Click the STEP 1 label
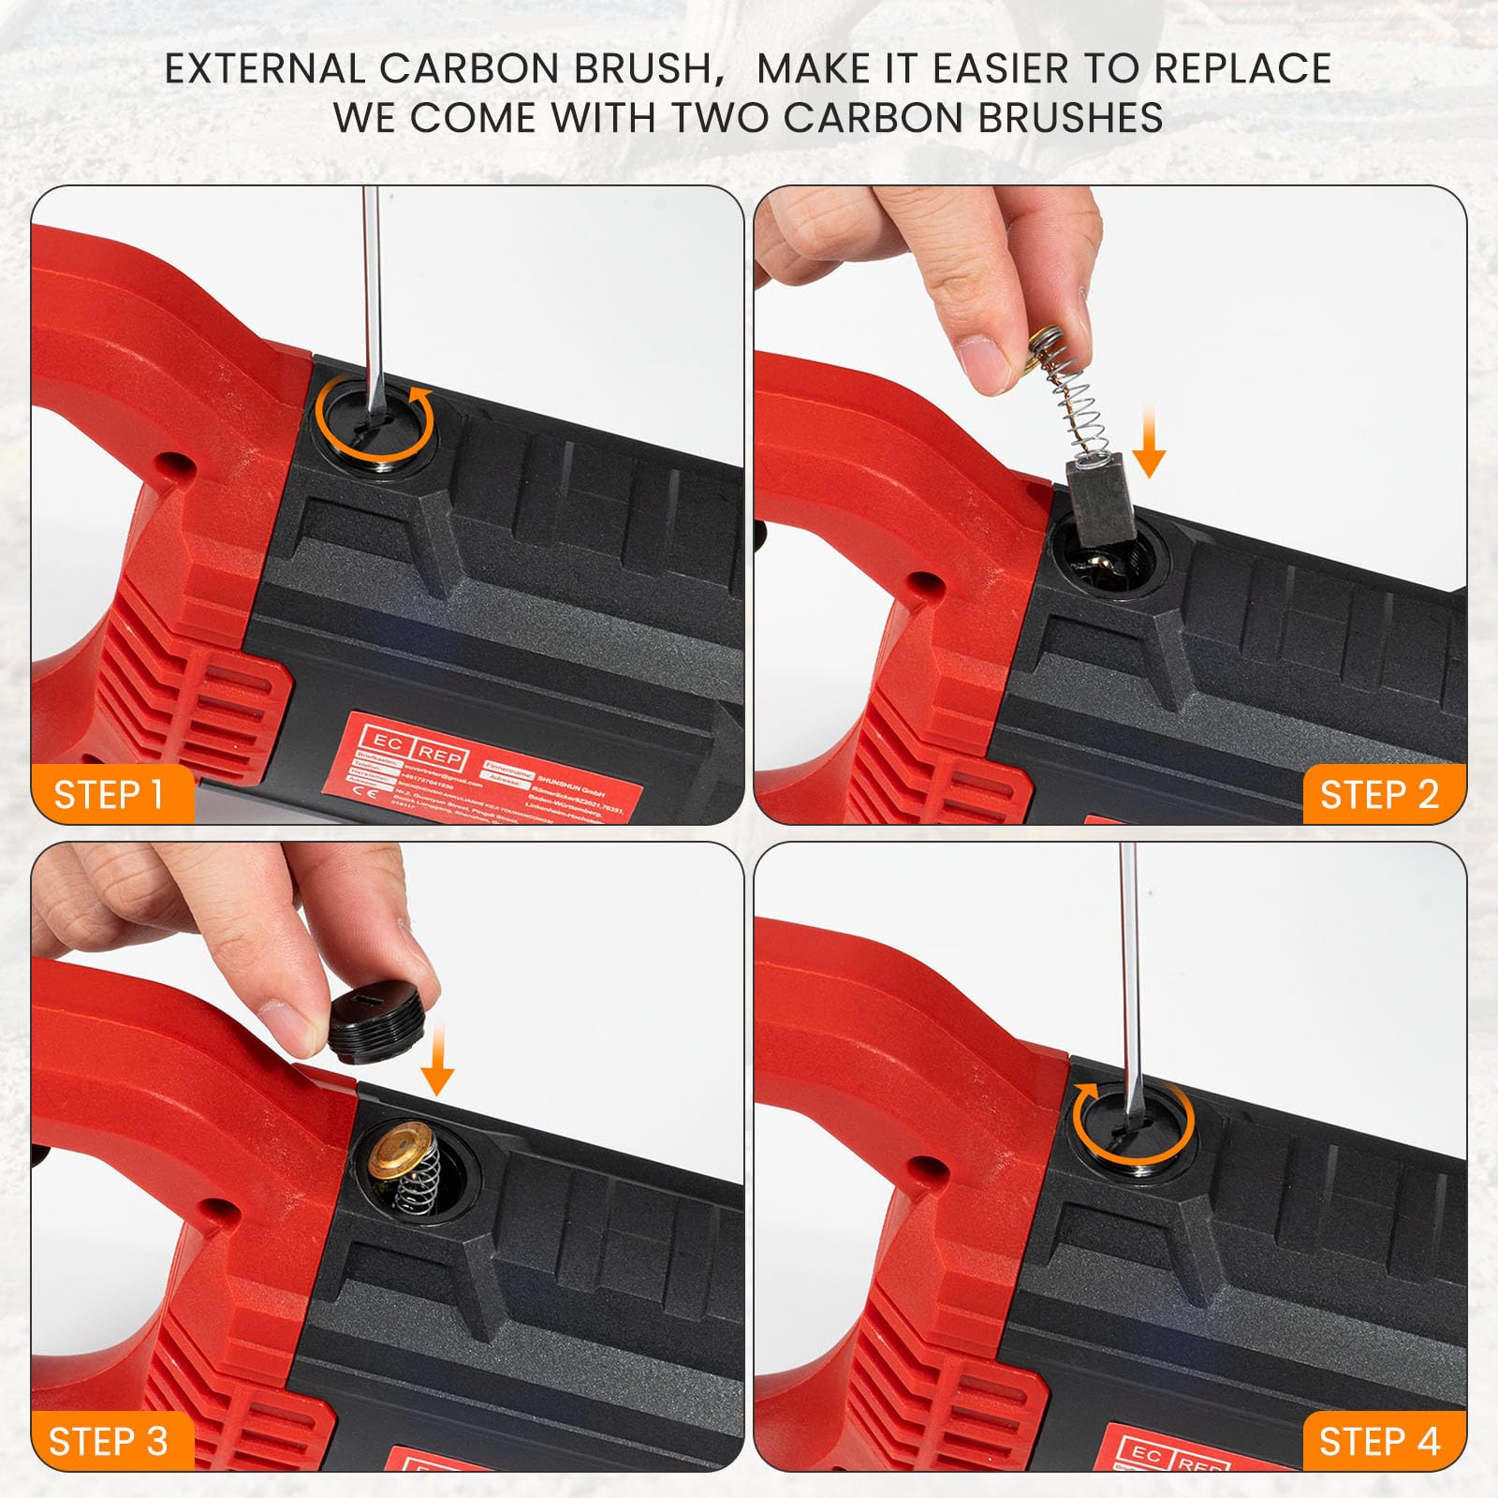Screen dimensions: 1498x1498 tap(110, 794)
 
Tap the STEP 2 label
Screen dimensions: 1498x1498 tap(1378, 794)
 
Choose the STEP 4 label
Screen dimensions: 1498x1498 tap(1378, 1441)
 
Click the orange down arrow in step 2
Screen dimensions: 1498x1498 tap(1149, 449)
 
